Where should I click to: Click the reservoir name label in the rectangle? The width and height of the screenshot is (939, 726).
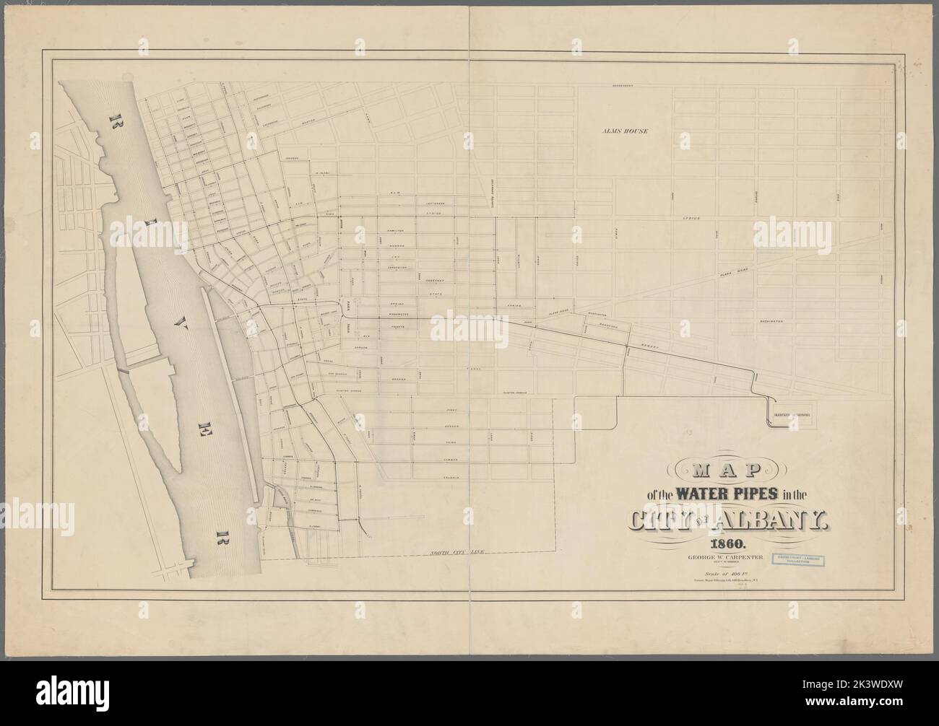(x=789, y=415)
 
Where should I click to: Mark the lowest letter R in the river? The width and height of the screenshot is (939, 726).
(x=219, y=535)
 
